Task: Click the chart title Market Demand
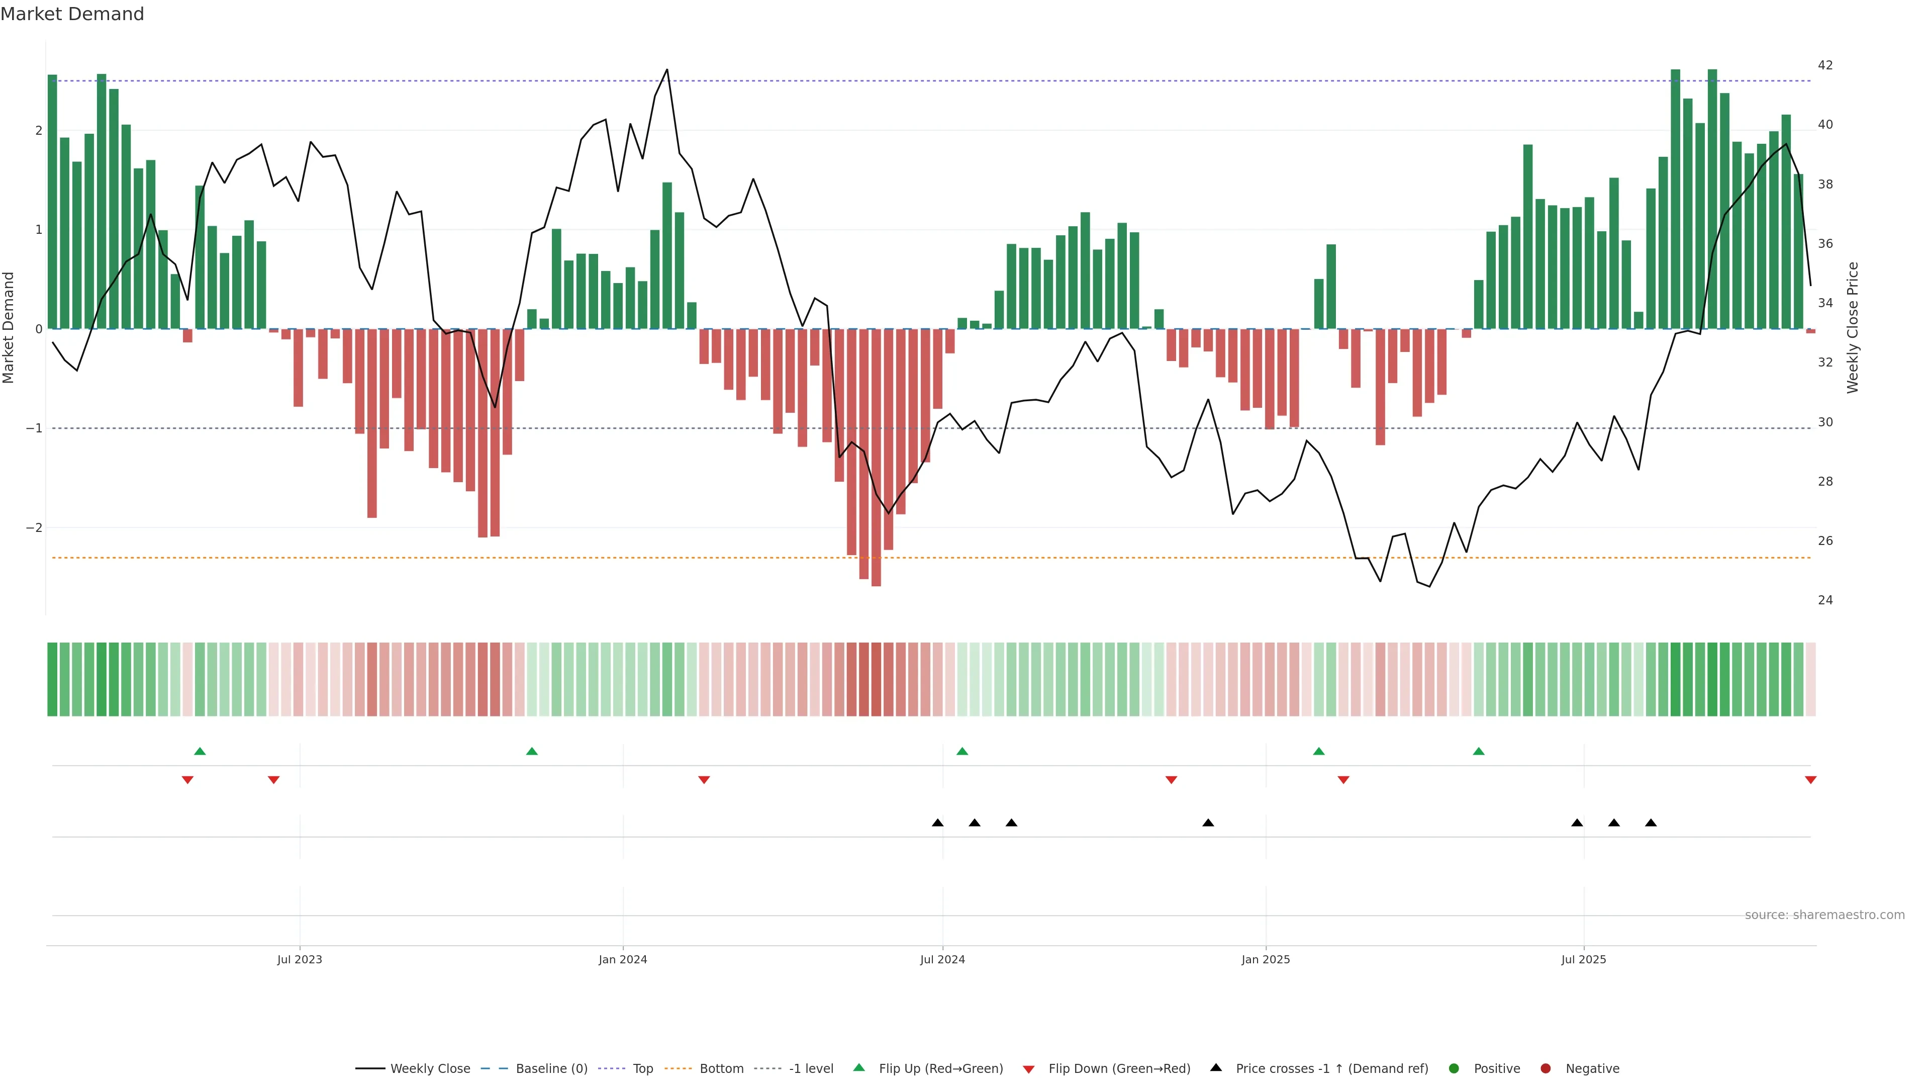(72, 14)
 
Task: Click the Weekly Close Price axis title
(1852, 327)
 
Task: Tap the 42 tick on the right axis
(1825, 65)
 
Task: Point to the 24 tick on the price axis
(1825, 600)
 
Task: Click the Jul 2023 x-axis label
(299, 959)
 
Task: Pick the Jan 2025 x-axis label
(1266, 959)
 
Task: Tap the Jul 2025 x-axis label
(1583, 959)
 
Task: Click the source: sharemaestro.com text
(1824, 915)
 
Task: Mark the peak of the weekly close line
(667, 70)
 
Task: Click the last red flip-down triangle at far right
(1810, 780)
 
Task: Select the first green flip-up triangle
(200, 751)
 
